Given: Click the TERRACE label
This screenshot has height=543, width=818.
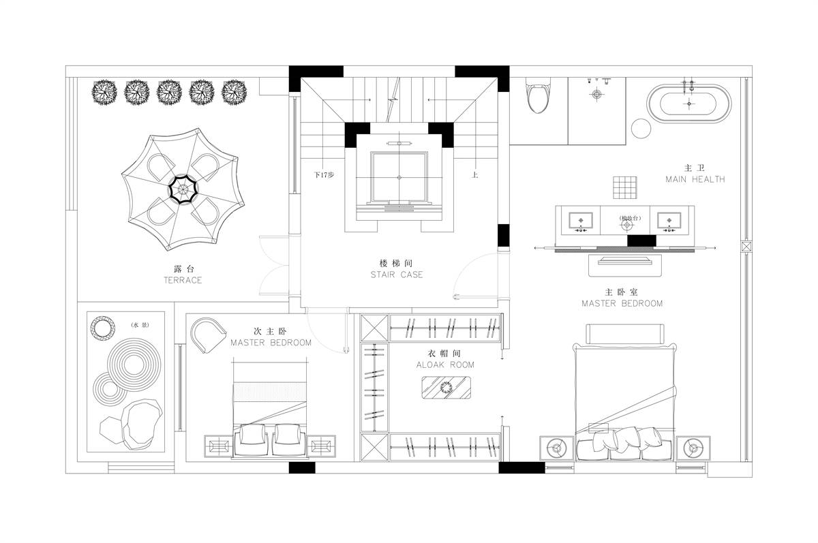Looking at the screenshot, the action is point(183,280).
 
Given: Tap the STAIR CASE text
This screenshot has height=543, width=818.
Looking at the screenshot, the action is point(397,275).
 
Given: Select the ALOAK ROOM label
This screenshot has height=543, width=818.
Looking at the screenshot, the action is point(445,364).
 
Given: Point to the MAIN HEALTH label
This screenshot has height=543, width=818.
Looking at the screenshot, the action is point(695,179).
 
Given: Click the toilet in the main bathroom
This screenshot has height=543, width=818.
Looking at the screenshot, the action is point(538,95).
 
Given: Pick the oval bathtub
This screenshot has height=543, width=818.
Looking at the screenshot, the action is point(689,104).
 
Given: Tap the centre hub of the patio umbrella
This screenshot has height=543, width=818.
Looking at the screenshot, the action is point(183,189).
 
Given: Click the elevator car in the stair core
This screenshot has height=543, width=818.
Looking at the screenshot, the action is point(399,177).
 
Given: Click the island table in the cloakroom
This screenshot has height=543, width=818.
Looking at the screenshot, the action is point(446,387).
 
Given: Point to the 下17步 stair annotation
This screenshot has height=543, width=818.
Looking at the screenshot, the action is point(324,175).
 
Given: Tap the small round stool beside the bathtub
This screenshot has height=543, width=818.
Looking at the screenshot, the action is point(641,129).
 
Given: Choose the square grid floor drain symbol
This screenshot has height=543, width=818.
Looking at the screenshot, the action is point(625,187).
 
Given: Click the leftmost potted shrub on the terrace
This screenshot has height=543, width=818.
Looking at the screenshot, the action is point(104,93).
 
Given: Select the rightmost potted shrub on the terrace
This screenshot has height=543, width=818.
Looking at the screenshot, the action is point(234,93).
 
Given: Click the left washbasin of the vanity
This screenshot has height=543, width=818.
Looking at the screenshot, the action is point(581,221).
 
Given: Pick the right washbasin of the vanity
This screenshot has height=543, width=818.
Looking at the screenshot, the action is point(669,221).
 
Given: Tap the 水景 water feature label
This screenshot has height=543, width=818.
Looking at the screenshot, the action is point(140,325).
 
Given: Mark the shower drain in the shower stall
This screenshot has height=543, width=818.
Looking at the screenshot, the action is point(596,95).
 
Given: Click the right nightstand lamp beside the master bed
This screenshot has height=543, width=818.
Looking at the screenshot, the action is point(693,448).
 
